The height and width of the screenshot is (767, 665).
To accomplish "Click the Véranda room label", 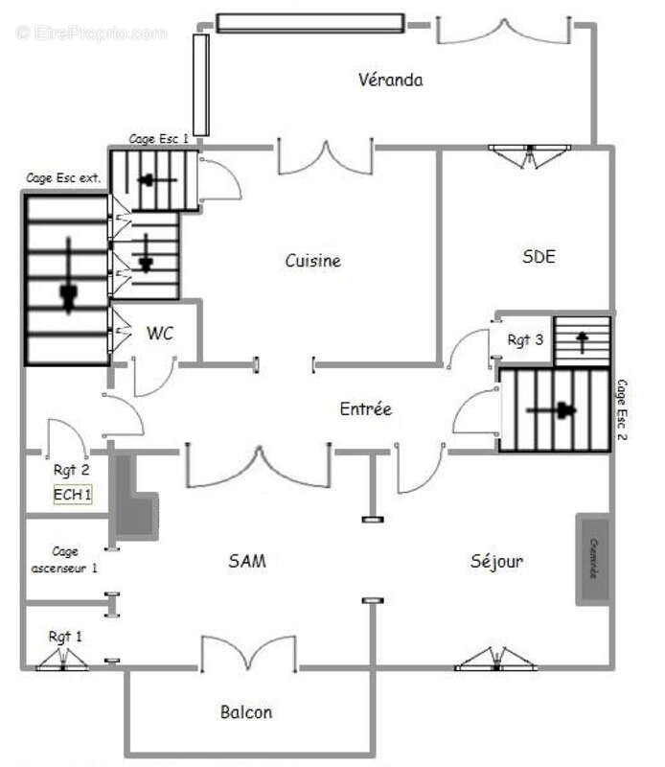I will (390, 80).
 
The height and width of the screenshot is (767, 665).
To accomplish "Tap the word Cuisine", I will (312, 261).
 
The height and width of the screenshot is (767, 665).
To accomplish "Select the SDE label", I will (539, 256).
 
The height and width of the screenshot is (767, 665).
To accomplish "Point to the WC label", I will (159, 334).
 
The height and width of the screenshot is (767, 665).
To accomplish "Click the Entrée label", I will (365, 409).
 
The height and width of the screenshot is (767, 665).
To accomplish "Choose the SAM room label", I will (246, 561).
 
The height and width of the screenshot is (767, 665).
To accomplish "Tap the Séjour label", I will (496, 561).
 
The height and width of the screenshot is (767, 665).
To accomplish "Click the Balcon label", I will (246, 711).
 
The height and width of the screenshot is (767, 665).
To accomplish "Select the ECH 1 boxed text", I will (73, 495).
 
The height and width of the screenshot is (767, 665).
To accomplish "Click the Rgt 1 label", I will (65, 636).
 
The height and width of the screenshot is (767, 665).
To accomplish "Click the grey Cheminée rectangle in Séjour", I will (593, 560).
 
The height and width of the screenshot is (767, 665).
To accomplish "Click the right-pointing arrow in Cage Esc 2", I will (556, 410).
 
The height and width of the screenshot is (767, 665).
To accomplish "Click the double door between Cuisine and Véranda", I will (325, 158).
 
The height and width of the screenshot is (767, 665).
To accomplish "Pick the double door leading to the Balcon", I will (248, 654).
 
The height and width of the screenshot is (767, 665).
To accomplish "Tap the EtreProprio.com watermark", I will (92, 33).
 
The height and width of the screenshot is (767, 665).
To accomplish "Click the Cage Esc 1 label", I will (158, 140).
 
